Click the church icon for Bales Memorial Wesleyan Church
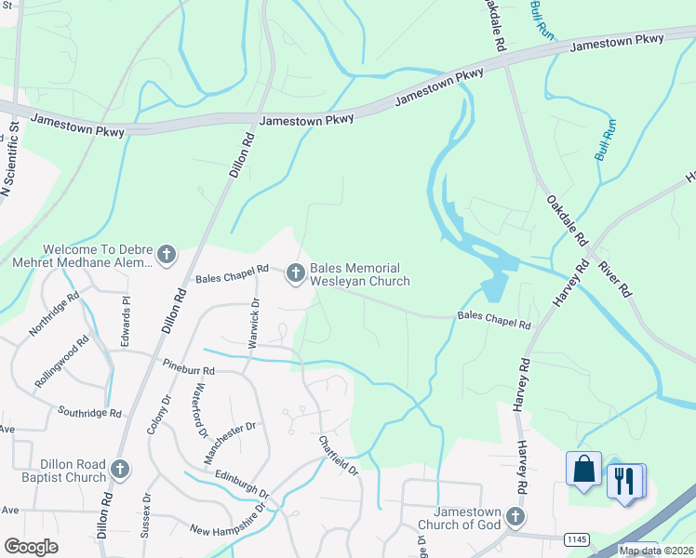[296, 272]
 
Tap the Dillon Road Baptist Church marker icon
[120, 471]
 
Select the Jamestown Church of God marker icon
[515, 516]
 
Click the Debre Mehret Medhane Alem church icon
[167, 255]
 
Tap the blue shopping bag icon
[584, 470]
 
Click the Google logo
[32, 547]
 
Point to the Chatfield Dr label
[339, 456]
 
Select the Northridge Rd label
[54, 316]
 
